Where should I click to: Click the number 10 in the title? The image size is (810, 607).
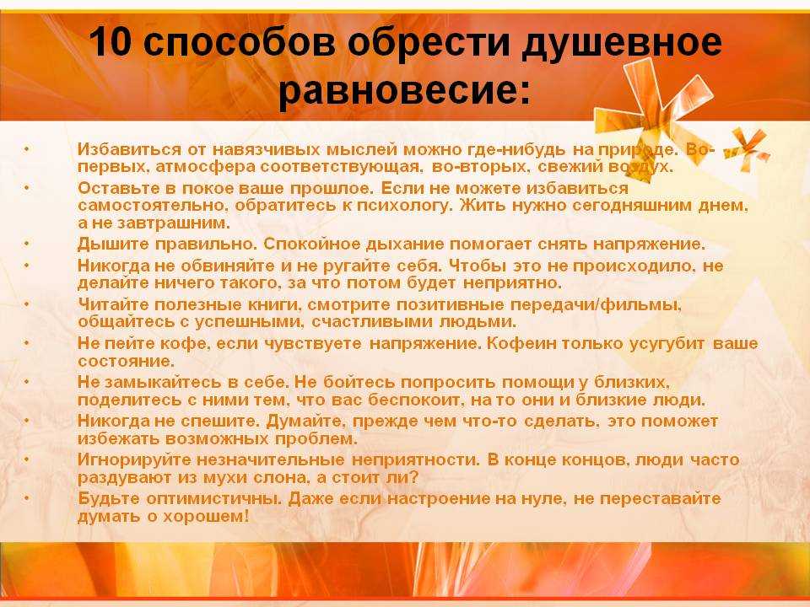[110, 42]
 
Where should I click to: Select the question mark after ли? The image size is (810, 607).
[413, 476]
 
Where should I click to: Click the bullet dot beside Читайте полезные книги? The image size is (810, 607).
[27, 304]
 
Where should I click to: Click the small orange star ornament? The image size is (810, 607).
[746, 150]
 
